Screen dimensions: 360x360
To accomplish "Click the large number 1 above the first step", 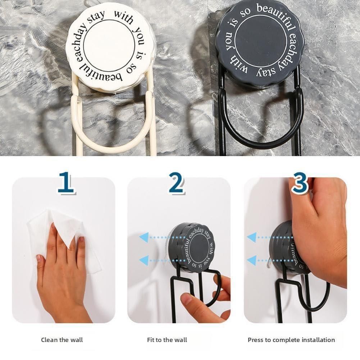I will tap(65, 182).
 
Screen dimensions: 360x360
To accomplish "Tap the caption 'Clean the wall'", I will tap(62, 340).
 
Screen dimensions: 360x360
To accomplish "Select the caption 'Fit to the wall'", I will tap(167, 340).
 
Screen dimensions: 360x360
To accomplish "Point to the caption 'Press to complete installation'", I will tap(291, 340).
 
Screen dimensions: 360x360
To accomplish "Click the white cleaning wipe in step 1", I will tap(65, 234).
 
